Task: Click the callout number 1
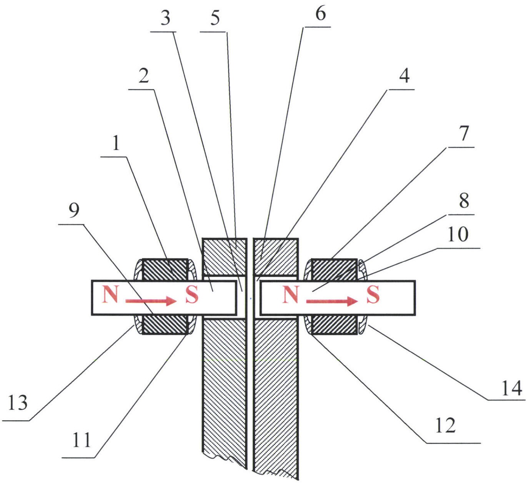coord(115,144)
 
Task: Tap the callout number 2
coord(144,76)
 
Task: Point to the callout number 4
coord(404,76)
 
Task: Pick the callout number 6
coord(320,14)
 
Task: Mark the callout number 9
coord(73,210)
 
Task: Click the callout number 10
coord(457,234)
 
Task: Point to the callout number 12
coord(445,425)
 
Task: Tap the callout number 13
coord(18,403)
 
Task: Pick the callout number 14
coord(511,388)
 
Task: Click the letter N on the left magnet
coord(110,295)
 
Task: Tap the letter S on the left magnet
coord(192,295)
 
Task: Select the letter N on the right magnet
coord(290,295)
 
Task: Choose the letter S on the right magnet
coord(372,295)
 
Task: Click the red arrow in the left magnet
coord(150,301)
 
